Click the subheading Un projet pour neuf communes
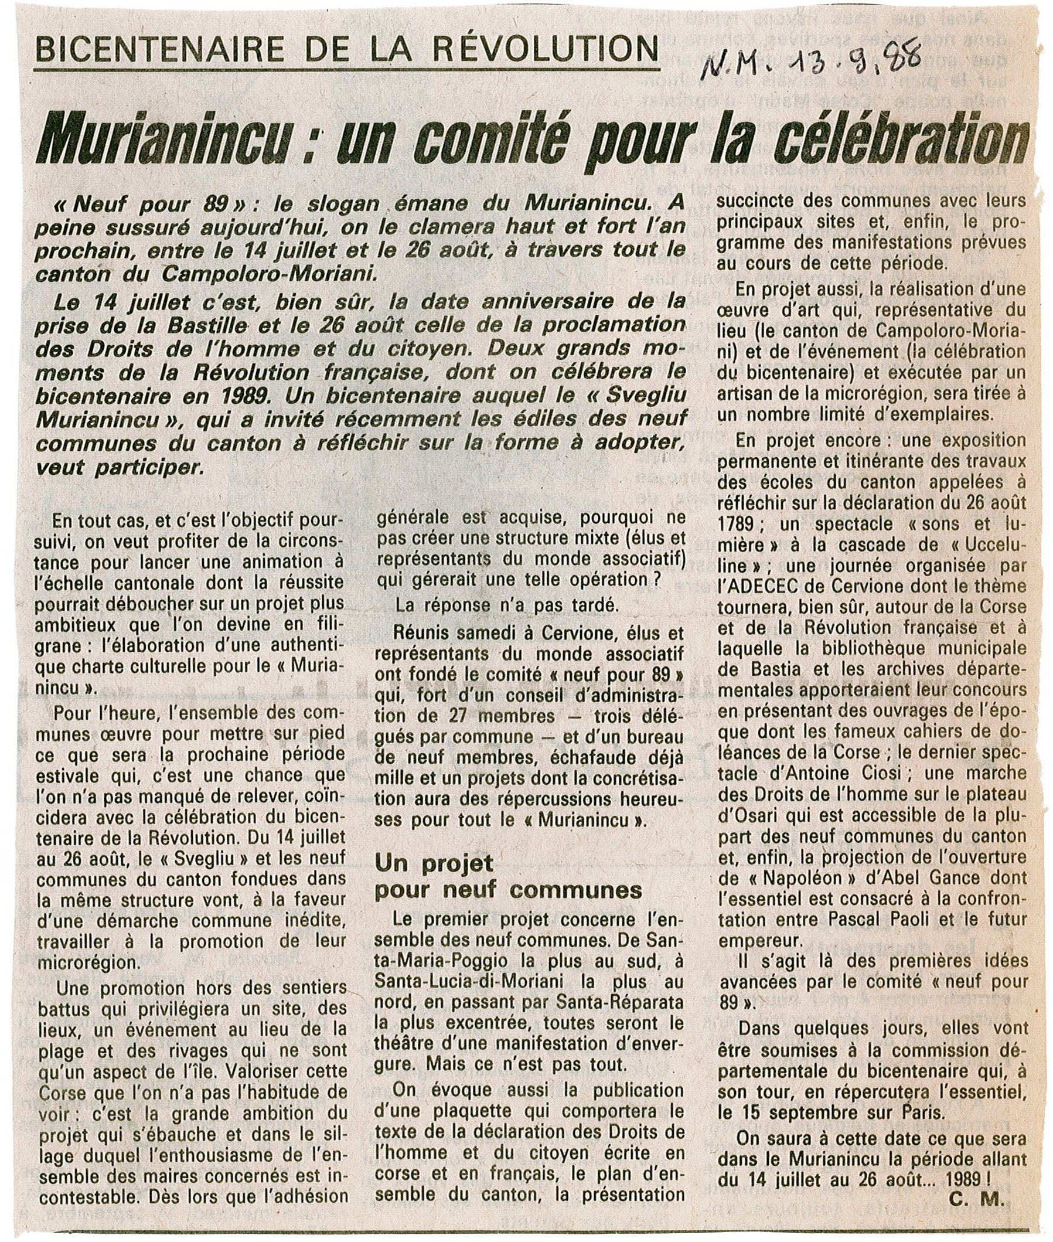[507, 877]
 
